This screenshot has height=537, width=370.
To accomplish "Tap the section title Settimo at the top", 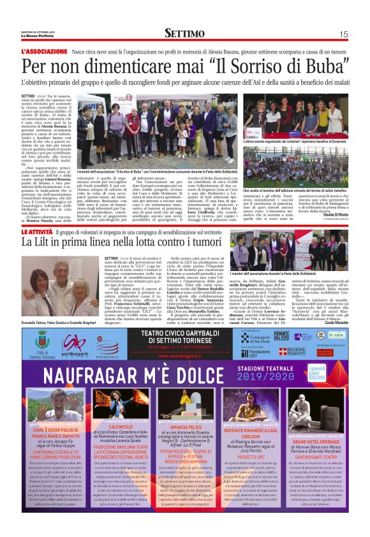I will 184,33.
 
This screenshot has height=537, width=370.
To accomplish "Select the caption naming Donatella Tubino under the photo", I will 60,305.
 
